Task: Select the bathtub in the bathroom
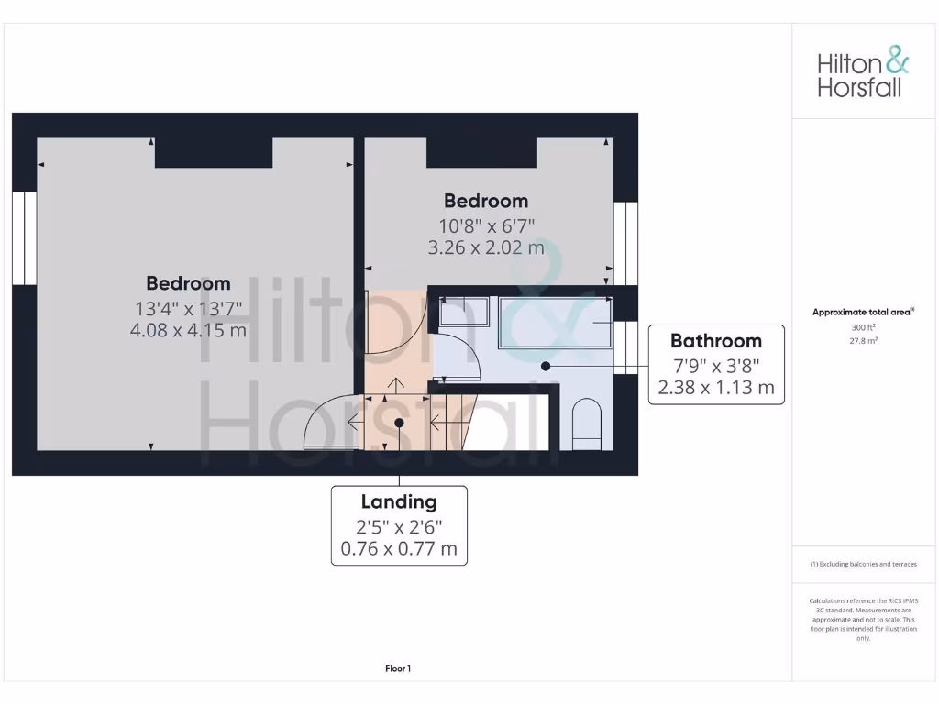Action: point(555,323)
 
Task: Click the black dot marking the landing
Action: point(399,422)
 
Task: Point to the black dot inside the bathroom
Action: point(546,366)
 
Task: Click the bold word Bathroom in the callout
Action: point(716,341)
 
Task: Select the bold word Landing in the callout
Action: point(399,501)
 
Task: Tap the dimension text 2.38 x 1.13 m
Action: point(716,388)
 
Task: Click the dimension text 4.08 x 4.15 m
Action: point(188,330)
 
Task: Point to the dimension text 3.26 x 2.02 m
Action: point(486,247)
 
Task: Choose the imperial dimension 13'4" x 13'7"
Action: point(188,307)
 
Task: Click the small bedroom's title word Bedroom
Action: point(486,201)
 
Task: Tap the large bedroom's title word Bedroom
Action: point(188,283)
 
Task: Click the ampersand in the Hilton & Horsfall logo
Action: point(898,62)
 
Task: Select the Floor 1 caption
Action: point(398,669)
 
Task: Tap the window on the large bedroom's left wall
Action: point(24,238)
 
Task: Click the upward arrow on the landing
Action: point(398,386)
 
